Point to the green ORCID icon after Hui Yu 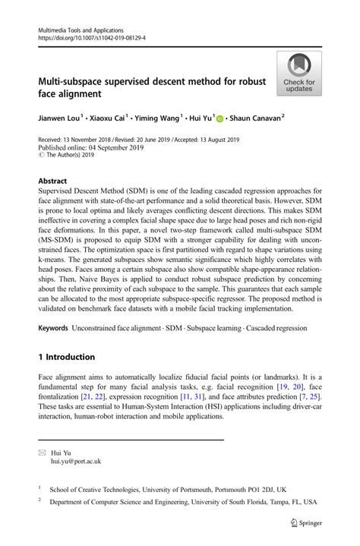(219, 119)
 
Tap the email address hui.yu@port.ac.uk (76, 461)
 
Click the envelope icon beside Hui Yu (42, 452)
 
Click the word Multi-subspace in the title (76, 81)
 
